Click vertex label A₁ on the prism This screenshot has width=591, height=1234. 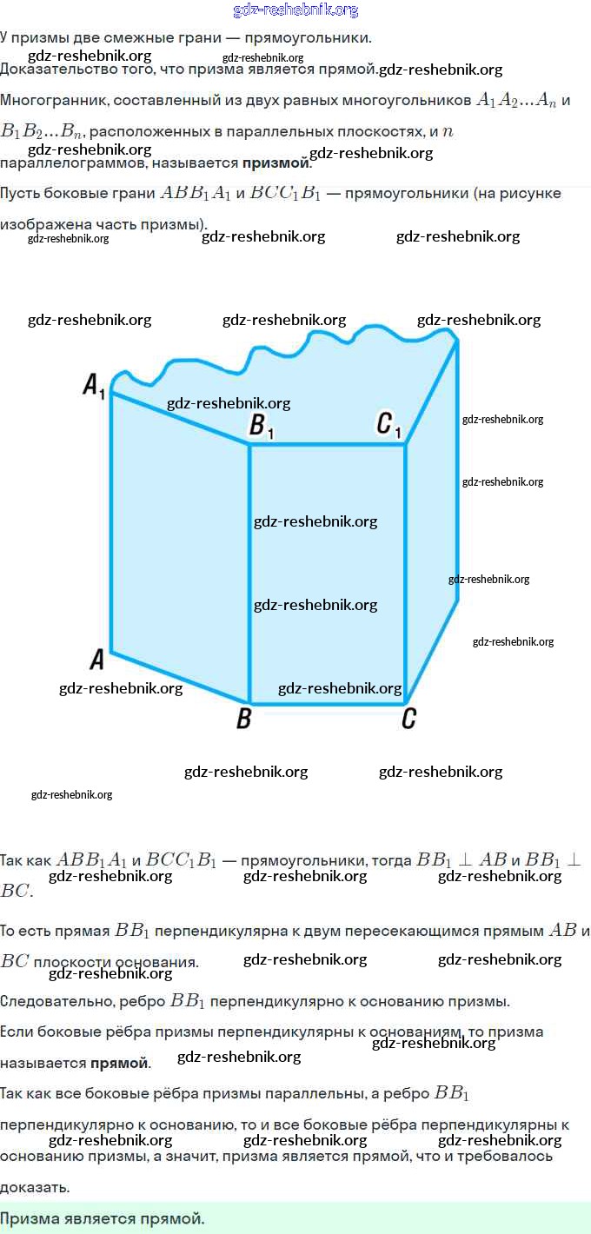[94, 385]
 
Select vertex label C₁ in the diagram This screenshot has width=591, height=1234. [388, 425]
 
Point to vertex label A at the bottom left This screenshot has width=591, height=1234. [97, 660]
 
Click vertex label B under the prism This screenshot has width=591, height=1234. [244, 720]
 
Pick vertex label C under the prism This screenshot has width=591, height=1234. [408, 720]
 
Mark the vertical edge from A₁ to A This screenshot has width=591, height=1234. [111, 521]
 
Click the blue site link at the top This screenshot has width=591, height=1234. [295, 10]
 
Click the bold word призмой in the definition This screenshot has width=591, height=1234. [276, 163]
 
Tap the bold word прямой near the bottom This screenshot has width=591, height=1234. [119, 1063]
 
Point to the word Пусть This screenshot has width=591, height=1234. [20, 193]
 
